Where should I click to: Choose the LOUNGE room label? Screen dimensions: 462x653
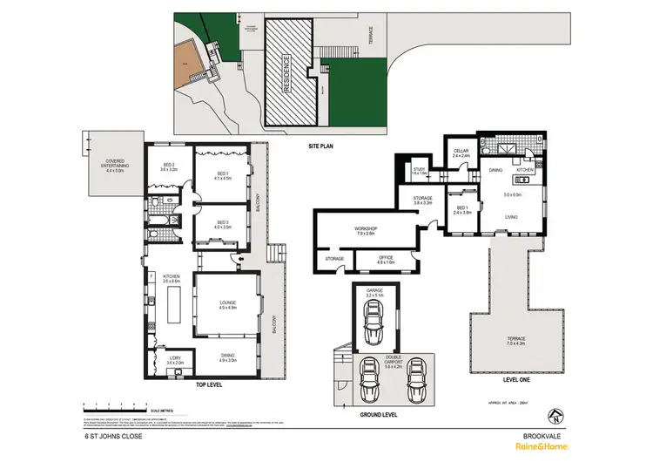tap(228, 303)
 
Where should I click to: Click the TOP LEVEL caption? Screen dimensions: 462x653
tap(212, 384)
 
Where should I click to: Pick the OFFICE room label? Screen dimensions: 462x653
tap(387, 258)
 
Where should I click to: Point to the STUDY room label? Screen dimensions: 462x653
tap(418, 172)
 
